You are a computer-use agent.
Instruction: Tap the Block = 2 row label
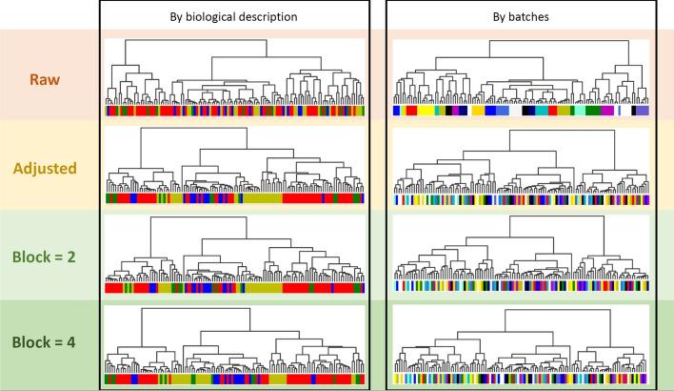click(x=49, y=255)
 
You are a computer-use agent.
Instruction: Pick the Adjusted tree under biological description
click(x=234, y=162)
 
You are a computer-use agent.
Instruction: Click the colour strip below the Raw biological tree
click(x=234, y=112)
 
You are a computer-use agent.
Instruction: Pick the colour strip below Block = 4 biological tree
click(x=234, y=380)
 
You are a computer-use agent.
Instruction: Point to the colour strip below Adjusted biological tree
click(x=234, y=198)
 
